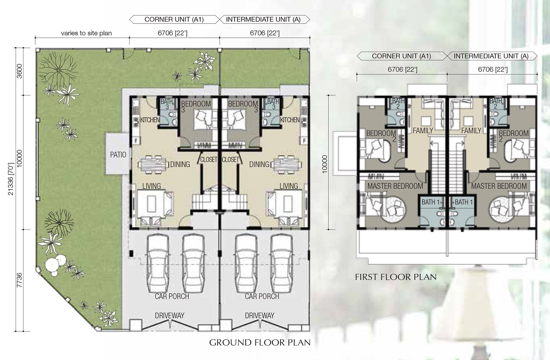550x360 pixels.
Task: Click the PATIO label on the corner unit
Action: point(118,155)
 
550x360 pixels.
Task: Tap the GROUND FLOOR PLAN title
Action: point(260,343)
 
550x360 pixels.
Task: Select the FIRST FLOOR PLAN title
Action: point(396,277)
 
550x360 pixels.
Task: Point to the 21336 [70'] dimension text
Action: point(11,179)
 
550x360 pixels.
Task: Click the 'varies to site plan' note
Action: point(87,33)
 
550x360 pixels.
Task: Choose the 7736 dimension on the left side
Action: point(19,280)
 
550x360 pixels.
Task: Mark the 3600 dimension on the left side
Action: point(19,71)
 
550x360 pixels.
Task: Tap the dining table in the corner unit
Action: point(153,164)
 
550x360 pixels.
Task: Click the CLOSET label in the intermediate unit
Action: point(230,160)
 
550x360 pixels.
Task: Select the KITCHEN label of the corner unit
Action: point(150,120)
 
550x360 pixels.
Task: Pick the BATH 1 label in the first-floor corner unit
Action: point(430,202)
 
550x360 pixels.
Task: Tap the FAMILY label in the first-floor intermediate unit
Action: point(471,131)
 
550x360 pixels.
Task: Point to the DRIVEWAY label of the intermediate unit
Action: point(259,316)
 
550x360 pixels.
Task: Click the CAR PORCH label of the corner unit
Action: point(172,296)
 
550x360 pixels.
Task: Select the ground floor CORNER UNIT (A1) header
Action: point(174,19)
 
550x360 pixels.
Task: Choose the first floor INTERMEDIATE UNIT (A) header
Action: point(491,56)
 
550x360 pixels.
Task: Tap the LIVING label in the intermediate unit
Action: point(289,186)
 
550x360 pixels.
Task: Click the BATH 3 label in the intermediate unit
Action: point(273,104)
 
